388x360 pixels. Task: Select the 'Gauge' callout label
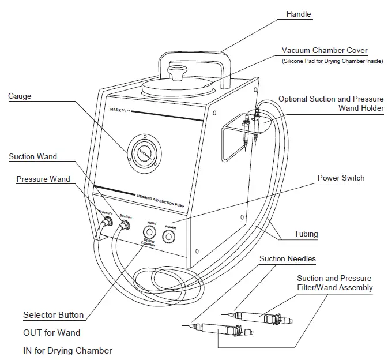point(20,96)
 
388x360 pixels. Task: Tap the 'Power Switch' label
point(341,178)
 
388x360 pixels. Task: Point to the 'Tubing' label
point(306,234)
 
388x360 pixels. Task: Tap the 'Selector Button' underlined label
point(53,315)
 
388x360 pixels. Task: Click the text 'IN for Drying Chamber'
point(67,350)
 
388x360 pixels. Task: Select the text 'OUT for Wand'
point(51,333)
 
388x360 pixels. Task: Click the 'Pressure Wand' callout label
point(43,179)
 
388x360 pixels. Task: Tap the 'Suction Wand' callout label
point(33,157)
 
